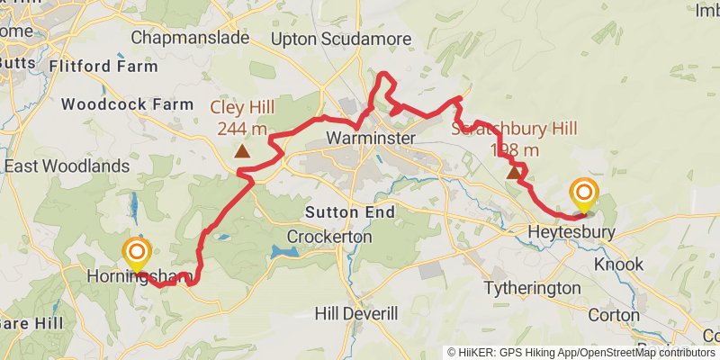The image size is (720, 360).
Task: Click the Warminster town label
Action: click(371, 139)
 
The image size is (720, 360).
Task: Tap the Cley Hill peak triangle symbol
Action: click(241, 151)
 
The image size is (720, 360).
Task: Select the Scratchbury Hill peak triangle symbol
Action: click(514, 172)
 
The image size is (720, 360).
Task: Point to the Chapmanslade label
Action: click(188, 38)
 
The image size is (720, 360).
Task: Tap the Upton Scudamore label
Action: click(341, 39)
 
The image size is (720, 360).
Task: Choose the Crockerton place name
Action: click(329, 236)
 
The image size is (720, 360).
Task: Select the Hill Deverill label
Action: click(356, 313)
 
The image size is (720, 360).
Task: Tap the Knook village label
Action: click(619, 265)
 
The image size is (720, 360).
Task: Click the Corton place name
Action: click(614, 316)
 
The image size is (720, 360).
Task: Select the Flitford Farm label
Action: click(105, 67)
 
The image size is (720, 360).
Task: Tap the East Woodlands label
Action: click(67, 166)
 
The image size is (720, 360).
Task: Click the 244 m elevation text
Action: click(242, 129)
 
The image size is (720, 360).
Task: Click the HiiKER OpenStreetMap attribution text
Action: click(581, 352)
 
